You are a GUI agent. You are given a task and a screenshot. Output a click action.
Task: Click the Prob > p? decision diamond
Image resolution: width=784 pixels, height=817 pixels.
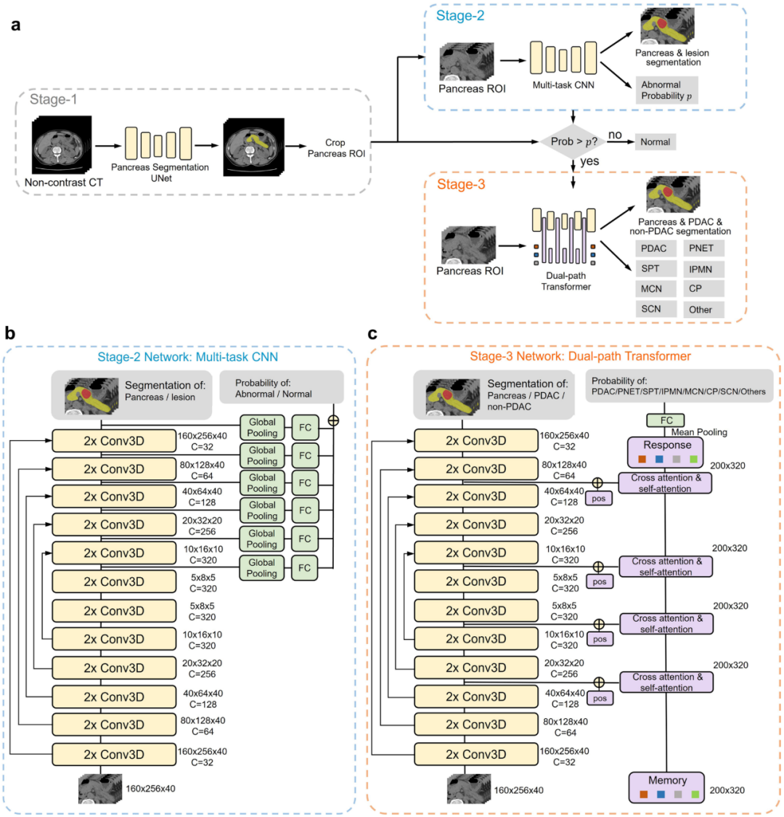[x=573, y=142]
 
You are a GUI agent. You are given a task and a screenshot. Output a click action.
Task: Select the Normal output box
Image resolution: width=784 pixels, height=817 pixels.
[x=655, y=142]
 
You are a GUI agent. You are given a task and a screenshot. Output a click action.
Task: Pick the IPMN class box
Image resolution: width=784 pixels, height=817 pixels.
[x=703, y=269]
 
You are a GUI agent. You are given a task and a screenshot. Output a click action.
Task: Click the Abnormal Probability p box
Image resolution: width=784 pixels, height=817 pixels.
[x=667, y=90]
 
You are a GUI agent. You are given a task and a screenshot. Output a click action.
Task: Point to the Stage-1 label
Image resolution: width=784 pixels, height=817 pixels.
[x=53, y=99]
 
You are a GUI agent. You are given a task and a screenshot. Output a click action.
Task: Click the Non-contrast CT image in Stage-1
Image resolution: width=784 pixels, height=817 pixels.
[x=62, y=145]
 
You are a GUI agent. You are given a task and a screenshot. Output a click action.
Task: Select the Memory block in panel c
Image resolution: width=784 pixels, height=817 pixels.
[x=666, y=787]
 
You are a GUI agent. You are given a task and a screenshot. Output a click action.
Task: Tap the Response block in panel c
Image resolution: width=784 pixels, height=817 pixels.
[x=665, y=451]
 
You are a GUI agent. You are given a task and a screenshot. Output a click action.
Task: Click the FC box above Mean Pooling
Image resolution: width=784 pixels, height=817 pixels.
[x=665, y=420]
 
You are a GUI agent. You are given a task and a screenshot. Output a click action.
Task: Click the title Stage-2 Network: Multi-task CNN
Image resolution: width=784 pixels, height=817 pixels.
[x=187, y=357]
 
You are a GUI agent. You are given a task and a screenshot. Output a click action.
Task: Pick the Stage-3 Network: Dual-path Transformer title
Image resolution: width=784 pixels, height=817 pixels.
[x=580, y=356]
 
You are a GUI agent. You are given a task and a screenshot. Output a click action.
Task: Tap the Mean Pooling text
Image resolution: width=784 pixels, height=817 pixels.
[x=698, y=432]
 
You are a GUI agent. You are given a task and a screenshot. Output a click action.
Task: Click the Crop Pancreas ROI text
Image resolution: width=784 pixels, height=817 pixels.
[x=335, y=148]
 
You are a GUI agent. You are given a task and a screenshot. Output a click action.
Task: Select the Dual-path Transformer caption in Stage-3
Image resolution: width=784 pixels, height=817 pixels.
[x=565, y=281]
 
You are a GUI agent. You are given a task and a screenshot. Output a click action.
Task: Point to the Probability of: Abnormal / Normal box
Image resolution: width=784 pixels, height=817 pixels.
[x=282, y=387]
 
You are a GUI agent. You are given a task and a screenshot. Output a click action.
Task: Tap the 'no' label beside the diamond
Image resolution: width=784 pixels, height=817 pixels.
[x=615, y=134]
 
